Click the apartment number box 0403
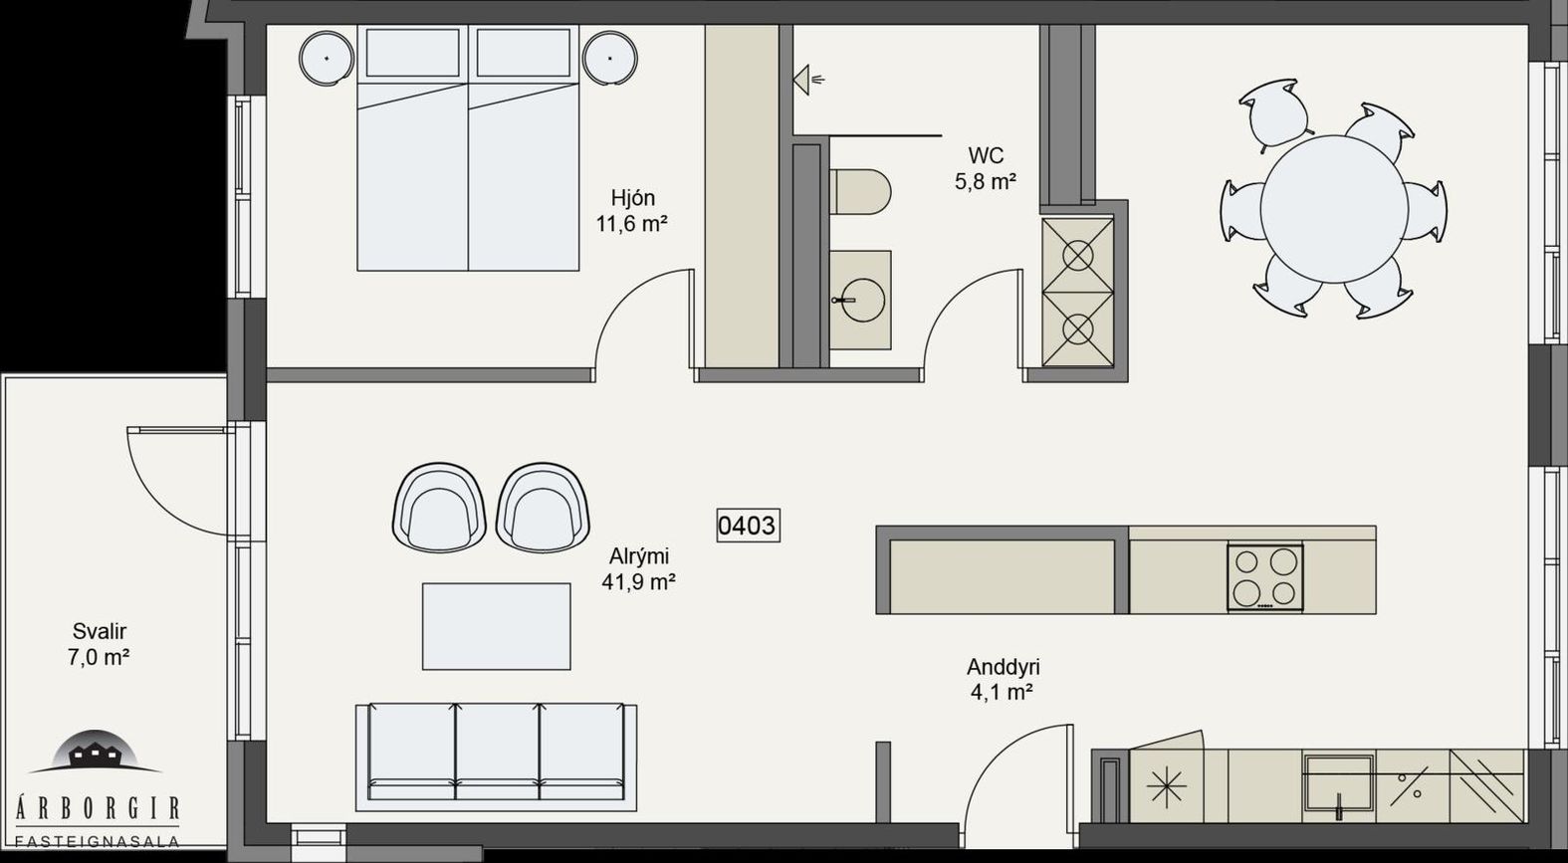(x=749, y=525)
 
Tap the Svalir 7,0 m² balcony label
(x=99, y=644)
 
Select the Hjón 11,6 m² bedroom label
(x=631, y=211)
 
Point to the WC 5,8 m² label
(x=986, y=168)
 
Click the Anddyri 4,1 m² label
(x=1003, y=679)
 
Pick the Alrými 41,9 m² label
(x=638, y=569)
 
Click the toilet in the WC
(x=860, y=191)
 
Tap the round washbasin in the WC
(x=861, y=300)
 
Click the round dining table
(x=1334, y=209)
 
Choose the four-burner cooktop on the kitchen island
(x=1265, y=576)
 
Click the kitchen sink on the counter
(x=1338, y=785)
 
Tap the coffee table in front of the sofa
(x=497, y=626)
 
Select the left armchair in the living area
(x=439, y=506)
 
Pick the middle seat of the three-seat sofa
(x=497, y=752)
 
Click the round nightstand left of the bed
(x=327, y=59)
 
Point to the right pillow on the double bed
(x=524, y=53)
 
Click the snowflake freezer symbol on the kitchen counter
(x=1167, y=784)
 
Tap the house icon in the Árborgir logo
(x=96, y=751)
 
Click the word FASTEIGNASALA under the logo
(x=98, y=841)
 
